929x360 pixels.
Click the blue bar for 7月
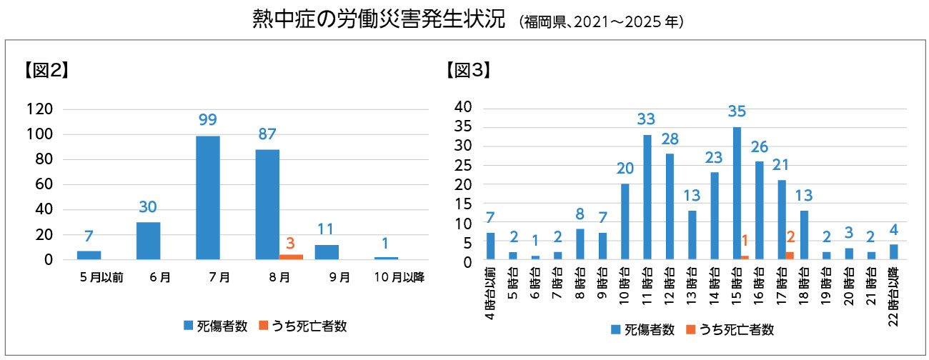208,198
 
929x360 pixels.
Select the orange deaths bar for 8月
291,257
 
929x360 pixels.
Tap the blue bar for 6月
149,241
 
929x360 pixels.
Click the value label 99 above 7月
208,119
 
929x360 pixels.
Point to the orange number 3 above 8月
290,243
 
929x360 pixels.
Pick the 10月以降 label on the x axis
399,277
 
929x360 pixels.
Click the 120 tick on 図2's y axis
40,109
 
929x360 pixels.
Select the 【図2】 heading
46,70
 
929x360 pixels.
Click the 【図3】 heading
468,70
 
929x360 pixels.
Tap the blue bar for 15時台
737,194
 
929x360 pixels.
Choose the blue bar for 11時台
647,197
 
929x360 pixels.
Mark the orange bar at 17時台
790,256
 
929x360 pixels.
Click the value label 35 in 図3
737,111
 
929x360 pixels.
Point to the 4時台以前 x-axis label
490,294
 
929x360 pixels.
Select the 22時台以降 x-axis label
893,296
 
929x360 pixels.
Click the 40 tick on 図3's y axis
463,107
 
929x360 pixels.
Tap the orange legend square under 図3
690,330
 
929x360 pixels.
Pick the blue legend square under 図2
188,326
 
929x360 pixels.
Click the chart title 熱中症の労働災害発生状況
379,19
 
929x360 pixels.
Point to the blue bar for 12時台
670,206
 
